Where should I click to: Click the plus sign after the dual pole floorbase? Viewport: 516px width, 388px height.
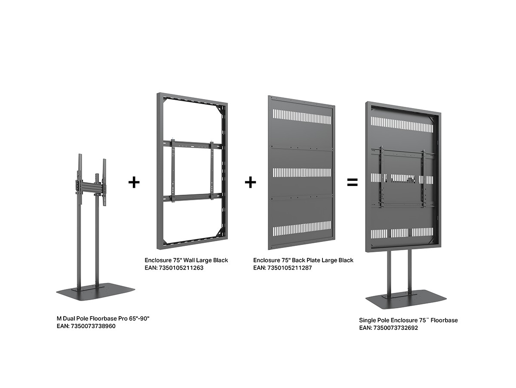[x=134, y=182]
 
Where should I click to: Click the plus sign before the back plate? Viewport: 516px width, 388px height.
[x=250, y=182]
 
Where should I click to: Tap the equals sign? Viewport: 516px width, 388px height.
[x=352, y=182]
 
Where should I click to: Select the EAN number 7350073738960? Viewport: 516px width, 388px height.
[x=93, y=326]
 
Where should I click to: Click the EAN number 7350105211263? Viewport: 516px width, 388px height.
[x=181, y=268]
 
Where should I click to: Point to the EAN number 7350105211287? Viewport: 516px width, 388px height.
[x=289, y=268]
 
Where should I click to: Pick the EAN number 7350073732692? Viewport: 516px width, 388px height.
[x=396, y=328]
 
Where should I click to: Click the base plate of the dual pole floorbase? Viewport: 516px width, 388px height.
[x=95, y=292]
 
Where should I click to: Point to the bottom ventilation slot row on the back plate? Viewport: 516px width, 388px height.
[x=302, y=228]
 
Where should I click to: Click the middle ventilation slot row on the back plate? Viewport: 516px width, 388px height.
[x=302, y=173]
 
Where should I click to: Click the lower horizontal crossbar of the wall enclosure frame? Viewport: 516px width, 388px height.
[x=193, y=197]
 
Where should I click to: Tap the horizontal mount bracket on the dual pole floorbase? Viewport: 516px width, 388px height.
[x=91, y=186]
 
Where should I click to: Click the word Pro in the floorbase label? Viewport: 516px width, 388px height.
[x=123, y=319]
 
